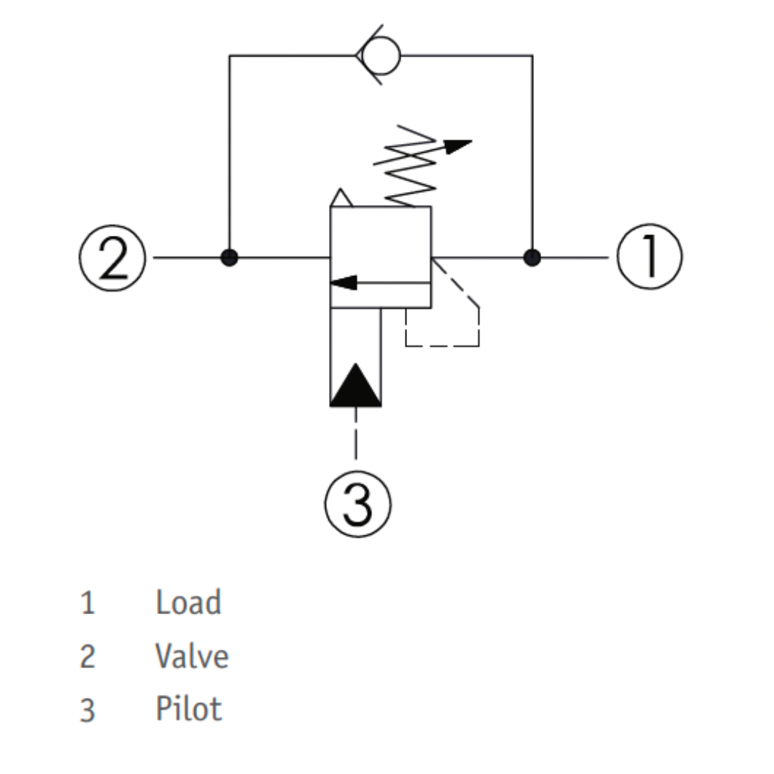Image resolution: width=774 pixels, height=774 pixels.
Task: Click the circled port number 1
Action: [x=649, y=256]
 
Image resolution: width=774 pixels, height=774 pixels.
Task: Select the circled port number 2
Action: [x=113, y=258]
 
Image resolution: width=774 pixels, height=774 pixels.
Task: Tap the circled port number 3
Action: [x=358, y=504]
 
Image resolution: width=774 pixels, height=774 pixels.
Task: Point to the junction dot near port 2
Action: [x=229, y=258]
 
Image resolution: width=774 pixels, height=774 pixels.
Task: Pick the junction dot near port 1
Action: [x=532, y=258]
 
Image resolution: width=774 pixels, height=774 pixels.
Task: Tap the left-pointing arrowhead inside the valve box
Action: [x=343, y=283]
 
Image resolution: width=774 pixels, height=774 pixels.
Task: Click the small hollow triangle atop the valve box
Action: [x=341, y=198]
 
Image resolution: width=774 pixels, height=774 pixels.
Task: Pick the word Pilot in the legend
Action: [x=188, y=709]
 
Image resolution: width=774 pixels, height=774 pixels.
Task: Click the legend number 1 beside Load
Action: [x=87, y=603]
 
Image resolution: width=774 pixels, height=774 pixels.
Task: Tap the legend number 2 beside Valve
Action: [x=87, y=656]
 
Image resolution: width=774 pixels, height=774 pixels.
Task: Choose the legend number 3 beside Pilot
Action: [x=87, y=710]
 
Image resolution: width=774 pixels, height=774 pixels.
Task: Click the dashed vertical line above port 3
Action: [x=356, y=433]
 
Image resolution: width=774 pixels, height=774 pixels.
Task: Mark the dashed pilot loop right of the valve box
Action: [x=478, y=326]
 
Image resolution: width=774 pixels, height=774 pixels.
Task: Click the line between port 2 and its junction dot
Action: [x=187, y=258]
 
